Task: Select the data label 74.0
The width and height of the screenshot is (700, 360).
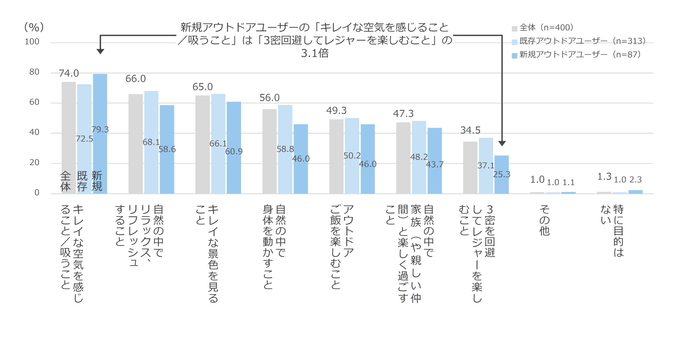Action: pyautogui.click(x=68, y=73)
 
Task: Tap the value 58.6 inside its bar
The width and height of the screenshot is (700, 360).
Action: pyautogui.click(x=167, y=148)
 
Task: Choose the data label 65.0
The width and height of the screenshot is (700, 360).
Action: pyautogui.click(x=202, y=87)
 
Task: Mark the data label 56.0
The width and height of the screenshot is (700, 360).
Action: pyautogui.click(x=269, y=98)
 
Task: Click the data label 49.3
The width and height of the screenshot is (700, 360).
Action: pyautogui.click(x=336, y=110)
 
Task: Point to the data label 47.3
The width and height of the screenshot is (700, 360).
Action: pyautogui.click(x=403, y=113)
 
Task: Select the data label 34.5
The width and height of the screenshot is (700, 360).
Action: pyautogui.click(x=470, y=131)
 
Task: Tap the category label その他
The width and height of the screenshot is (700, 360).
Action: pyautogui.click(x=544, y=217)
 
